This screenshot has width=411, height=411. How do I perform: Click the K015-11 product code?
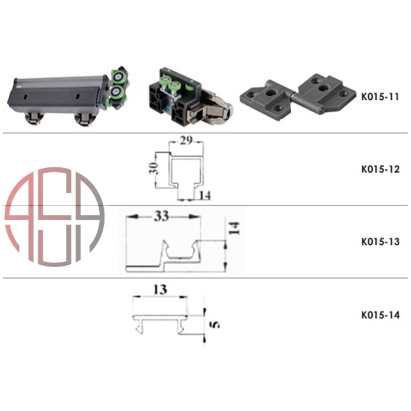[x=380, y=97]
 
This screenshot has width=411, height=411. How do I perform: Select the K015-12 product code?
[x=380, y=169]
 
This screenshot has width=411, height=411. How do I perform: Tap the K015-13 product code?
[x=380, y=242]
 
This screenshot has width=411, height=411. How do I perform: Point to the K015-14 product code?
[x=380, y=315]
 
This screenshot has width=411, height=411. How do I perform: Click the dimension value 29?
[x=186, y=141]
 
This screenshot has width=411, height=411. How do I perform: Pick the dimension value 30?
[x=154, y=169]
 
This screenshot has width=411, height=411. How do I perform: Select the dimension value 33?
[x=161, y=216]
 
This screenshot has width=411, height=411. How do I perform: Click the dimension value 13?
[x=160, y=289]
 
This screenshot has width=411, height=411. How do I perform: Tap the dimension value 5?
[x=215, y=325]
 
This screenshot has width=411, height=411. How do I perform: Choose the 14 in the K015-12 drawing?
[x=205, y=196]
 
